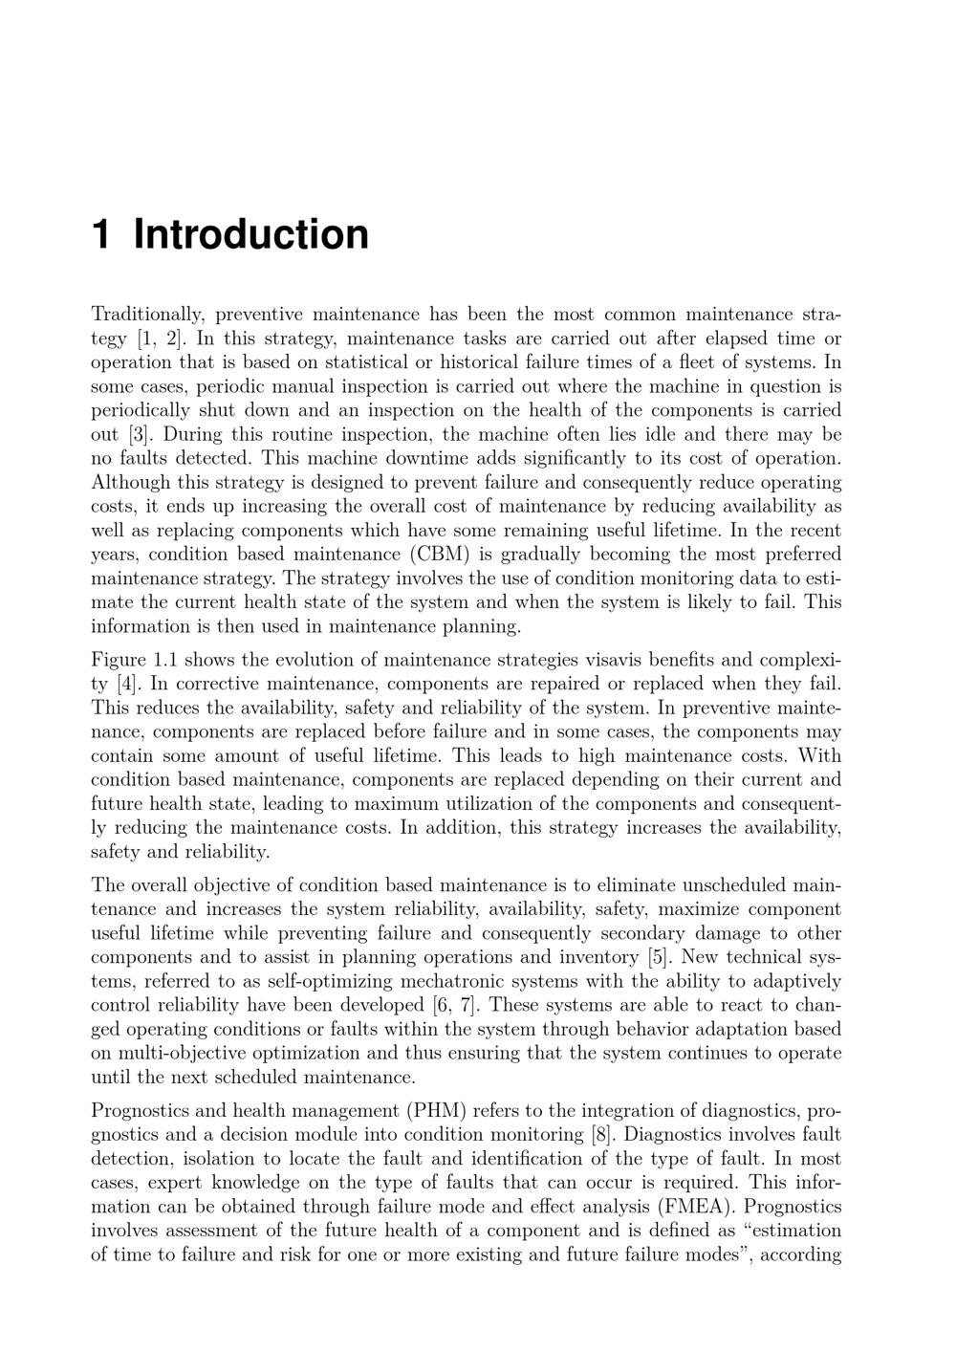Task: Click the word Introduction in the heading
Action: [x=250, y=235]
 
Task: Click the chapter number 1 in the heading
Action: [x=101, y=235]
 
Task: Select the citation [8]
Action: [x=603, y=1135]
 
